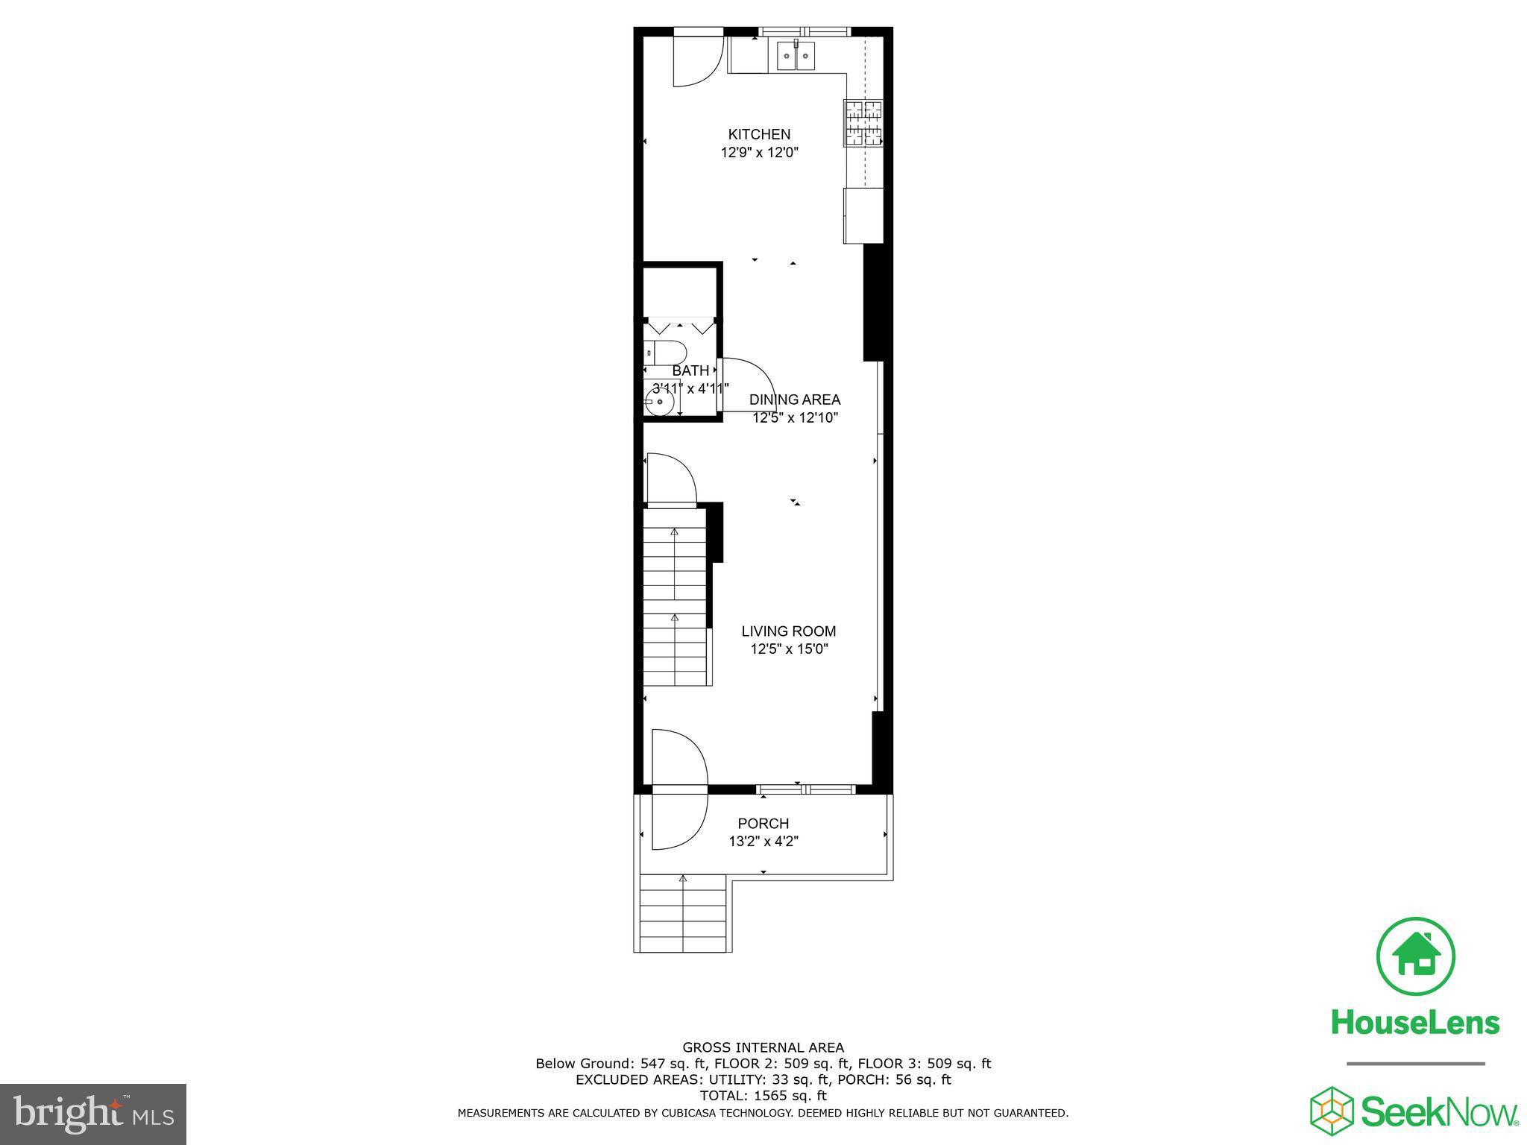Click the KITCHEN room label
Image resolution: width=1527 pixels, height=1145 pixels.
[759, 134]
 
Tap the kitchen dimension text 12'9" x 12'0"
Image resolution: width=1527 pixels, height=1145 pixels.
[759, 153]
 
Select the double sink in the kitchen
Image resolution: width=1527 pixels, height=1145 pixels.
[796, 56]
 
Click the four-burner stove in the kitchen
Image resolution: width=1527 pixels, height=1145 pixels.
[863, 123]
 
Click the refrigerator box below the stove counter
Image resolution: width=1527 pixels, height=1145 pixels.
[863, 215]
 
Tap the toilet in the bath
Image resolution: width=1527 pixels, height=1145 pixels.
[665, 352]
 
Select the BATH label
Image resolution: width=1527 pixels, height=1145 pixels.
[690, 370]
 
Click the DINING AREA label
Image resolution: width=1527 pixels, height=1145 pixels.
[795, 400]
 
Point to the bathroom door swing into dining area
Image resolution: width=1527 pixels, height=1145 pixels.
[746, 385]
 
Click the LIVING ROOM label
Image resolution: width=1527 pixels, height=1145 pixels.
[788, 631]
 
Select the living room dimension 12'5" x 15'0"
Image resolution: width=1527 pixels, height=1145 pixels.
[788, 649]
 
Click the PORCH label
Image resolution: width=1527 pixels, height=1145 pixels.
[763, 824]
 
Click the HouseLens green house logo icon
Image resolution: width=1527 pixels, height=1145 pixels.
[1415, 957]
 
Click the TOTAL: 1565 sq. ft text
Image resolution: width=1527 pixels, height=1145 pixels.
[763, 1096]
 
